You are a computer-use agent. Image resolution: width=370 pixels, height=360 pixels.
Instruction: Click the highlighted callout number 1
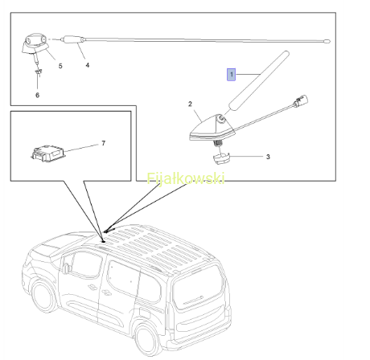tap(231, 75)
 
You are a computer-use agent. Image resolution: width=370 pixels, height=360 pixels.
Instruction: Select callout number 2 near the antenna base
tap(190, 104)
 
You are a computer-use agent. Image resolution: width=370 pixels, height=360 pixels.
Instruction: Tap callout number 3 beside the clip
tap(268, 157)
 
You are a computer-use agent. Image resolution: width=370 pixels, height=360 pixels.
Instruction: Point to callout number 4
tap(88, 65)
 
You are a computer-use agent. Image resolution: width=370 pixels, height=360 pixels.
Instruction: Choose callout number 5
tap(60, 66)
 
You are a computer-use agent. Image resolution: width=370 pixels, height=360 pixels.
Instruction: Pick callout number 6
tap(37, 95)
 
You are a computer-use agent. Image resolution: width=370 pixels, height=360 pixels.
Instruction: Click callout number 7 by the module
tap(104, 143)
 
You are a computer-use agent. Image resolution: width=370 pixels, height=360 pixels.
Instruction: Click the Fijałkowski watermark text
tap(186, 178)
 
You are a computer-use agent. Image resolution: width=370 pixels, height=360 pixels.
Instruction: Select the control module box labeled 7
tap(48, 153)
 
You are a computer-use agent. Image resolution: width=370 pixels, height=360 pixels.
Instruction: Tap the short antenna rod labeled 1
tap(259, 80)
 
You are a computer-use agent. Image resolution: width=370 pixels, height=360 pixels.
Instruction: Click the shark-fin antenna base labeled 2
tap(212, 128)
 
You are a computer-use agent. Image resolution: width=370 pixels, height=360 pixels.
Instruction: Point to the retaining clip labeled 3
tap(221, 158)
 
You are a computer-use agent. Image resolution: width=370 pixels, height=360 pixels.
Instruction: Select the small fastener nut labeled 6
tap(39, 72)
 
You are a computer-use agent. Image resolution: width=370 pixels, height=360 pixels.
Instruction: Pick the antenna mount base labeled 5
tap(35, 44)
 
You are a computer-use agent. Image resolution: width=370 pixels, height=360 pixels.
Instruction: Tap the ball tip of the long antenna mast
tap(327, 41)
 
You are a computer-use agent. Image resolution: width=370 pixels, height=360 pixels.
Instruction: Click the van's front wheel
tap(43, 297)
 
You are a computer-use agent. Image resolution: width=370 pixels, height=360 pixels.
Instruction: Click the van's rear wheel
tap(148, 338)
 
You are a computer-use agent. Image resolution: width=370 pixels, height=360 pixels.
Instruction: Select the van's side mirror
tap(66, 268)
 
